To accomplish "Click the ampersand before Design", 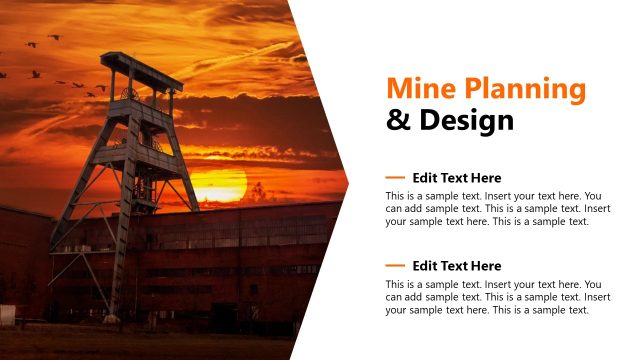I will coord(398,121).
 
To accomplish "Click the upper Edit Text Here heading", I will coord(457,178).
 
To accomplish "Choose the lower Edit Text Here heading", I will coord(457,266).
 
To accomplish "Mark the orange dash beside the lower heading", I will coord(395,266).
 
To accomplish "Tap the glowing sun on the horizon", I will coord(220,185).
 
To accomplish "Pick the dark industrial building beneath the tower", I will coord(220,270).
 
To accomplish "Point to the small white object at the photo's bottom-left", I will coord(6,314).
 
